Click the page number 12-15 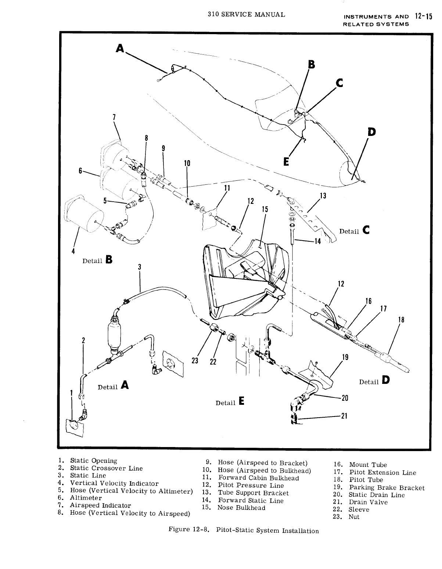coord(422,17)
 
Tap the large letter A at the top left coord(119,48)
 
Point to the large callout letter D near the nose coord(372,132)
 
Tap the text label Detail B coord(97,260)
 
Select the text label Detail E coord(230,402)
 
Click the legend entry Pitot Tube coord(366,480)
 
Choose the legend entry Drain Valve coord(368,502)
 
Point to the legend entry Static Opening coord(93,461)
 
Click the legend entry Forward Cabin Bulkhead coord(258,478)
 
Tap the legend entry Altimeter coord(86,498)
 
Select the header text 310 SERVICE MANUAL coord(246,15)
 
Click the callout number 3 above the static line coord(140,267)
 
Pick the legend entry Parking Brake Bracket coord(387,487)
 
